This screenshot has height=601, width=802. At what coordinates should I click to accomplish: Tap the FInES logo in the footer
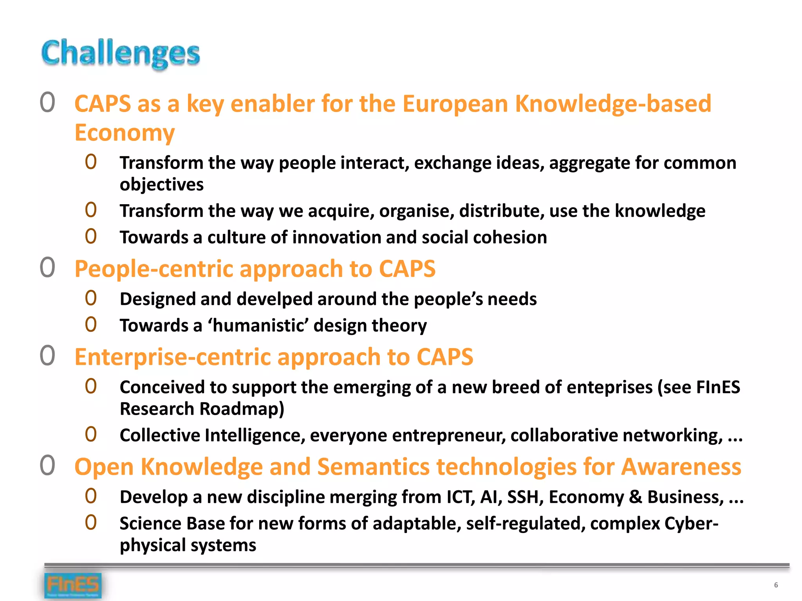point(73,585)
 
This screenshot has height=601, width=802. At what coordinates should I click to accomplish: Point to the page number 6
point(776,585)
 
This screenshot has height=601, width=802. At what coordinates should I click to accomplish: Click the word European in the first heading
point(455,104)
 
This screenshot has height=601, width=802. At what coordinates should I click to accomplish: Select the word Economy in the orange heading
point(125,133)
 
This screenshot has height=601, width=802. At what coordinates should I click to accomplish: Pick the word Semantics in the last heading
point(374,467)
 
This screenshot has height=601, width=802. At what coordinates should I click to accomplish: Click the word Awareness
point(681,467)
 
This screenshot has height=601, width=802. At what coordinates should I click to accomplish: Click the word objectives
point(161,185)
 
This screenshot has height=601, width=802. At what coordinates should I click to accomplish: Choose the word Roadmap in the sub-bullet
point(242,409)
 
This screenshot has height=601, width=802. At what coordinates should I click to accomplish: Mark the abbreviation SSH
point(525,497)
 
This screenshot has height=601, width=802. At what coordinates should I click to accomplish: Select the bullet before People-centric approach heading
point(47,268)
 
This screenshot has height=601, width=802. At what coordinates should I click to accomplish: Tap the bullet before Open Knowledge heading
point(47,466)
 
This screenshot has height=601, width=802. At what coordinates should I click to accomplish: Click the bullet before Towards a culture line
point(91,236)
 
